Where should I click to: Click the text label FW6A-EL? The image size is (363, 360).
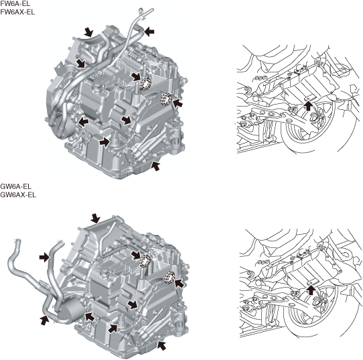[15, 4]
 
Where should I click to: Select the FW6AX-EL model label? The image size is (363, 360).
[17, 12]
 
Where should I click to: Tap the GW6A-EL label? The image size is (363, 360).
[16, 186]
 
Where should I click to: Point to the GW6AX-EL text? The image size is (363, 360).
[18, 194]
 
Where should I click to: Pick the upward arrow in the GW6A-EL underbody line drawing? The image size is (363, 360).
[311, 290]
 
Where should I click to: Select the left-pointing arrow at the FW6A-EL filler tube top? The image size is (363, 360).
[149, 31]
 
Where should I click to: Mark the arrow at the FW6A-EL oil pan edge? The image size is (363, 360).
[155, 166]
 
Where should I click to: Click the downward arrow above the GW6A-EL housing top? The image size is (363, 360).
[95, 219]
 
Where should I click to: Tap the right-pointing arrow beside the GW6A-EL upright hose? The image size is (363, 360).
[44, 257]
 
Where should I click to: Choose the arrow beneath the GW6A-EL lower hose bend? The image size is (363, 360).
[45, 320]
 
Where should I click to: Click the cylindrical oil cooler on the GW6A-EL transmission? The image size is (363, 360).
[70, 309]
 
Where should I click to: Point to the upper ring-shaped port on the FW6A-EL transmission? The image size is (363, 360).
[146, 84]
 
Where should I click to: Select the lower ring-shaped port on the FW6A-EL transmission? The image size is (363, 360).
[166, 99]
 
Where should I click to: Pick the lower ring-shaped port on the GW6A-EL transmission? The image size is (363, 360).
[169, 277]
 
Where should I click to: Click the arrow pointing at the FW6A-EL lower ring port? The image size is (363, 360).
[177, 103]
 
